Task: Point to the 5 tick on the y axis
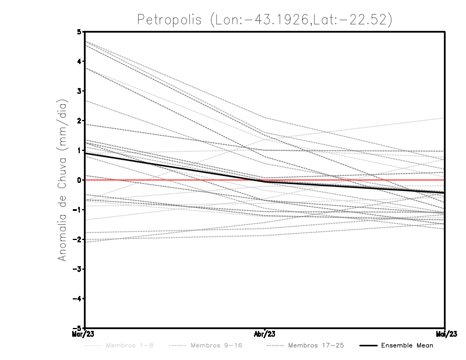[80, 31]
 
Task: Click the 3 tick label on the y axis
[80, 91]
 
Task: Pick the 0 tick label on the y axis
[80, 180]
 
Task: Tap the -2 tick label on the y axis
[78, 239]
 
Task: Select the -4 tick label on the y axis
[78, 299]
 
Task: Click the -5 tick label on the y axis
[78, 329]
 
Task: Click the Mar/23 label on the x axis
[85, 334]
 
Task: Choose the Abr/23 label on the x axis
[265, 334]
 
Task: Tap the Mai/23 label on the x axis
[444, 334]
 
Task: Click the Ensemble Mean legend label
[407, 345]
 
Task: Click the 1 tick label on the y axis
[80, 150]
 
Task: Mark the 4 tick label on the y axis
[80, 61]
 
